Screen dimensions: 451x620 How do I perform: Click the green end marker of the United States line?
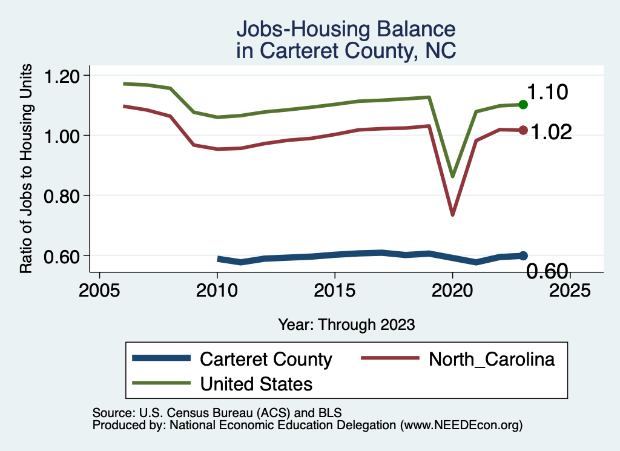coord(524,105)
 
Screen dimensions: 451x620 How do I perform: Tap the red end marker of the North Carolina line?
coord(524,130)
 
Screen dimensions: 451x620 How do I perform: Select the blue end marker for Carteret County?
coord(524,255)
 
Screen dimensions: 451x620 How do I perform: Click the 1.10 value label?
coord(547,93)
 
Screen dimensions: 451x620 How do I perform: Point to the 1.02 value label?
coord(552,132)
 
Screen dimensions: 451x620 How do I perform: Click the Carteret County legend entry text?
coord(266,359)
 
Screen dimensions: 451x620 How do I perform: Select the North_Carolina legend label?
coord(492,359)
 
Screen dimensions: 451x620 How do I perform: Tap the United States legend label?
coord(256,383)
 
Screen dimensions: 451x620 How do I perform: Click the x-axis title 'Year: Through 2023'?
coord(346,324)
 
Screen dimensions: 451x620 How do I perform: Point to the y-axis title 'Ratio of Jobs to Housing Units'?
coord(27,175)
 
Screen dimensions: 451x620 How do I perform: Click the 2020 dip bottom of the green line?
coord(452,176)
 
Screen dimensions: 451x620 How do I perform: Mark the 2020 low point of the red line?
coord(452,214)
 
